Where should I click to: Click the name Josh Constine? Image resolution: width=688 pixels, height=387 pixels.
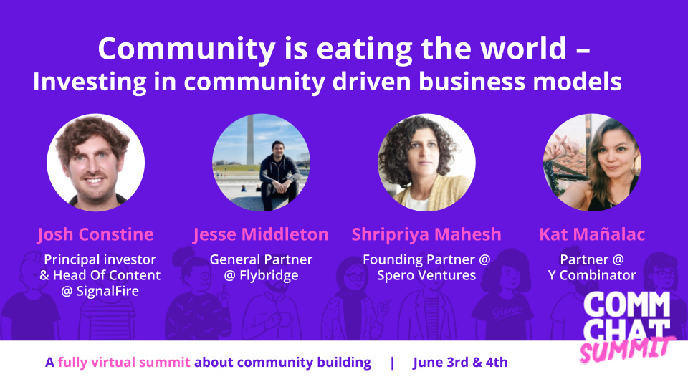coord(95,235)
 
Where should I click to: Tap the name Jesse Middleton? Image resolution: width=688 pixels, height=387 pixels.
coord(261,235)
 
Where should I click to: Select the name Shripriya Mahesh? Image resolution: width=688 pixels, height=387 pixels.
coord(426,235)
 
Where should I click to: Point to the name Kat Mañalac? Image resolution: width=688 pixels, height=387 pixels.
coord(592,234)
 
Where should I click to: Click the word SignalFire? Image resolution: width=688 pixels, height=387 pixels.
coord(107,291)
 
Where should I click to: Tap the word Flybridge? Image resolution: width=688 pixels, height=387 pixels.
coord(269,275)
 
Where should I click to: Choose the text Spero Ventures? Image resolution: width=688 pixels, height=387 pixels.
coord(426,275)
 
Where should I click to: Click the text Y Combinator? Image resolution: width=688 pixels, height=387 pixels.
coord(592,275)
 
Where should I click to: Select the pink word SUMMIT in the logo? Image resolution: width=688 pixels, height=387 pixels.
coord(626,349)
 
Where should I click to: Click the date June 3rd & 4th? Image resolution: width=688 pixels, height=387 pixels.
coord(460,363)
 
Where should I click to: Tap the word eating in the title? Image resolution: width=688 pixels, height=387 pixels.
coord(364,49)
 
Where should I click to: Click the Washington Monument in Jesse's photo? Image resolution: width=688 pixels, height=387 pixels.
coord(249,140)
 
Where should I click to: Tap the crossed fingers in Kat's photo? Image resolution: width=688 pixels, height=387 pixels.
coord(562,145)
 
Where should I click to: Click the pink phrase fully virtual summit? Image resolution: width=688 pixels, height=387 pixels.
coord(124,363)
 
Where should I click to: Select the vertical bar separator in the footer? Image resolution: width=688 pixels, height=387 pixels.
coord(392,363)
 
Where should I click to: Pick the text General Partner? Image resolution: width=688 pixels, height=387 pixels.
coord(261,259)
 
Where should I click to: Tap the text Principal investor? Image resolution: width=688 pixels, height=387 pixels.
coord(100,259)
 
